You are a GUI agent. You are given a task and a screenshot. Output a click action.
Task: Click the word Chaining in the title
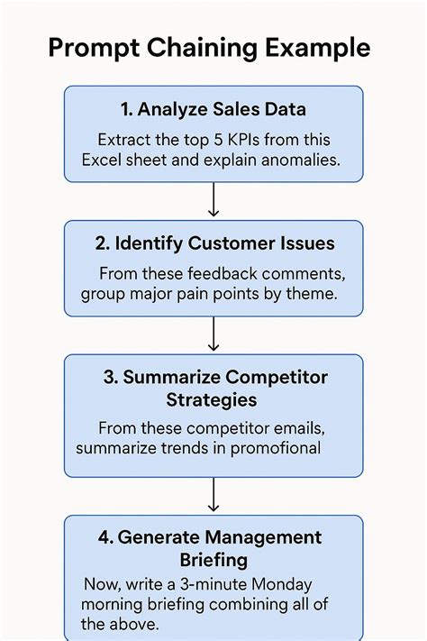point(202,49)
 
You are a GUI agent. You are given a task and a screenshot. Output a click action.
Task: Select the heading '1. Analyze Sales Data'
point(213,110)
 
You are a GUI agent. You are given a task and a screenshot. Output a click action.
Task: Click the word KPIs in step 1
point(243,140)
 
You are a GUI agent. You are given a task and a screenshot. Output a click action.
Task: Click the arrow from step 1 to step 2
point(213,199)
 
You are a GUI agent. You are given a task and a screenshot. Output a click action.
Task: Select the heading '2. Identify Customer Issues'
point(215,243)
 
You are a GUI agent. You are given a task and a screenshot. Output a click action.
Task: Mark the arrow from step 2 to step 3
point(213,334)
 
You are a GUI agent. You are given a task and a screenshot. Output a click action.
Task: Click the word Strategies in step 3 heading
point(212,399)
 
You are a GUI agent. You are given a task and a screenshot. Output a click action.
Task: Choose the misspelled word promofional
point(276,448)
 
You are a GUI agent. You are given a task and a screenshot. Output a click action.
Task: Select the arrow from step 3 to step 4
point(213,495)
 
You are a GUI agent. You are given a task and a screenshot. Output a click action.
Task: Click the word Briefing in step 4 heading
point(213,560)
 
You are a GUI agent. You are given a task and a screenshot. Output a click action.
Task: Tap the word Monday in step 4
point(281,584)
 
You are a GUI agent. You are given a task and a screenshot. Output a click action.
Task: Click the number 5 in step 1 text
point(218,140)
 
